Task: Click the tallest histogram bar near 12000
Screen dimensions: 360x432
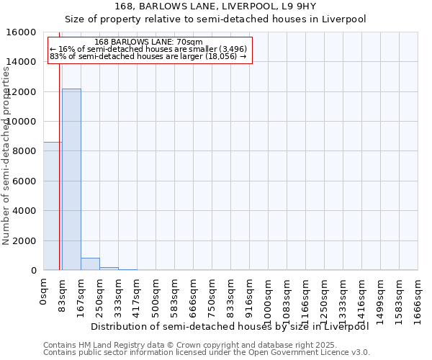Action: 71,179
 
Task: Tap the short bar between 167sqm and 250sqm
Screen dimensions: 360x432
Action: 90,264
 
